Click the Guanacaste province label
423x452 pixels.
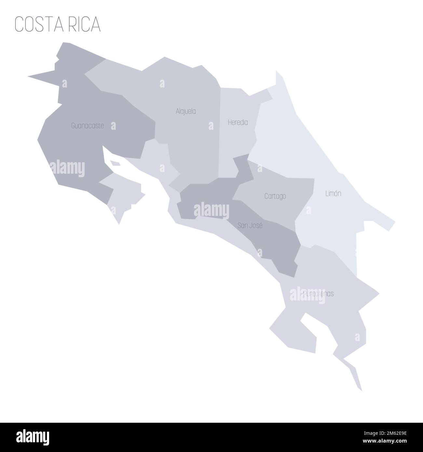tap(88, 126)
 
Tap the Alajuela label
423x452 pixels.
tap(185, 111)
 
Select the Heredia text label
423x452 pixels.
tap(238, 123)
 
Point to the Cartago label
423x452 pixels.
tap(275, 196)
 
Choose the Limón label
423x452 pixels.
tap(333, 193)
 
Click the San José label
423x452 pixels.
tap(250, 225)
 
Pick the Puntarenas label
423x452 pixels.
tap(318, 294)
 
